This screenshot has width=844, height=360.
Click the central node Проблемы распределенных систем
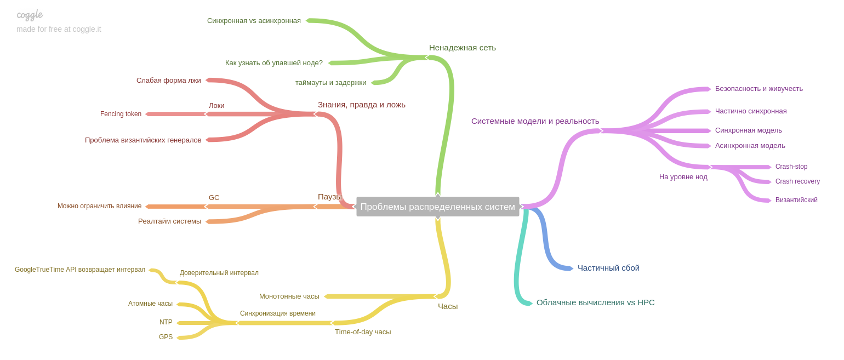[x=437, y=207]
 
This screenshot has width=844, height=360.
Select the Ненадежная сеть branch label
[x=462, y=48]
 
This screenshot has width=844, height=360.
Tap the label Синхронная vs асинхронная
[x=254, y=21]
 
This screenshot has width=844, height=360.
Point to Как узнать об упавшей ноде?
[x=273, y=63]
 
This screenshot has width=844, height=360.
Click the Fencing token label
[x=121, y=114]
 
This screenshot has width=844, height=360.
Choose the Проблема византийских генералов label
[x=143, y=140]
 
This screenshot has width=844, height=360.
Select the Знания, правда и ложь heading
[x=361, y=105]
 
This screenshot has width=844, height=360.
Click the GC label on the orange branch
[x=214, y=198]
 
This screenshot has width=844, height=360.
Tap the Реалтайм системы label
[x=169, y=221]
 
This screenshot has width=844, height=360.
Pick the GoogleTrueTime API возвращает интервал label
[x=80, y=270]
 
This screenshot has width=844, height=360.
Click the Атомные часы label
[x=150, y=304]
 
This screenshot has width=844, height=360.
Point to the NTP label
[x=166, y=322]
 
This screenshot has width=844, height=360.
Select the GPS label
[x=166, y=337]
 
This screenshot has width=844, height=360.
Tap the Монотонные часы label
[x=289, y=296]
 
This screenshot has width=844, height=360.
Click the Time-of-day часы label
[x=363, y=332]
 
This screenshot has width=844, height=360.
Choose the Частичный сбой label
[x=608, y=268]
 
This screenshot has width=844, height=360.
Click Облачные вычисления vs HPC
[x=595, y=302]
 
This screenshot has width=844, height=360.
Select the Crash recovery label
[x=797, y=181]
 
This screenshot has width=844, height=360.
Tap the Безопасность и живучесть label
[x=759, y=89]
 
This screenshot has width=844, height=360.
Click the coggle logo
[x=30, y=15]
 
